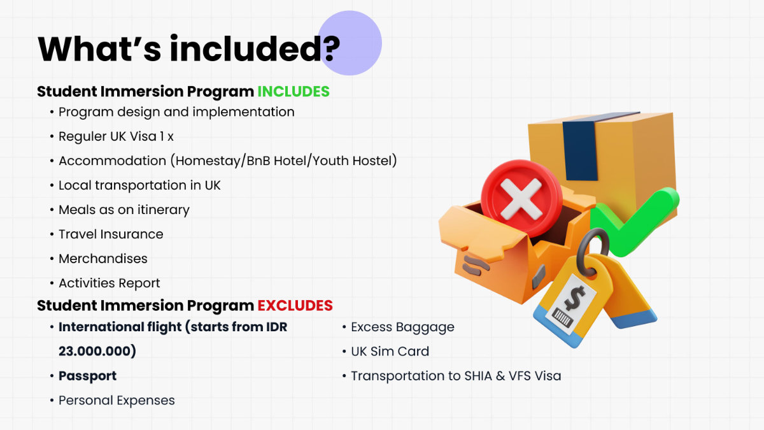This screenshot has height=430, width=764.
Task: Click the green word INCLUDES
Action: pyautogui.click(x=294, y=92)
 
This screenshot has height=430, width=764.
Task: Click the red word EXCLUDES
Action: pyautogui.click(x=295, y=305)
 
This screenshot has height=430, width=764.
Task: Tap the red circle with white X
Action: pyautogui.click(x=521, y=199)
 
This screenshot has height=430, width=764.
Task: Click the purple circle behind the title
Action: pyautogui.click(x=350, y=43)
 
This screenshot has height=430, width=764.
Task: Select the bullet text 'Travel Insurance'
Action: pyautogui.click(x=111, y=234)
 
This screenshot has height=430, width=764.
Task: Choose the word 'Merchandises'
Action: pyautogui.click(x=103, y=259)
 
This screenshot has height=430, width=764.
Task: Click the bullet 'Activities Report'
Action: pyautogui.click(x=109, y=283)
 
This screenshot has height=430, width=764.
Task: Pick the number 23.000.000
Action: pyautogui.click(x=97, y=351)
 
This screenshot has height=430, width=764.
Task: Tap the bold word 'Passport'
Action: pyautogui.click(x=88, y=376)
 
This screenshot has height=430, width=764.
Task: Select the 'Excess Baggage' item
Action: pyautogui.click(x=402, y=327)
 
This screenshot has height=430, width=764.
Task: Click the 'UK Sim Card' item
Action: pyautogui.click(x=390, y=352)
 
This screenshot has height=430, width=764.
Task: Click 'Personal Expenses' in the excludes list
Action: pyautogui.click(x=117, y=401)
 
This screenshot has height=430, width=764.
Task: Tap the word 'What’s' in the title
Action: pyautogui.click(x=99, y=49)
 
